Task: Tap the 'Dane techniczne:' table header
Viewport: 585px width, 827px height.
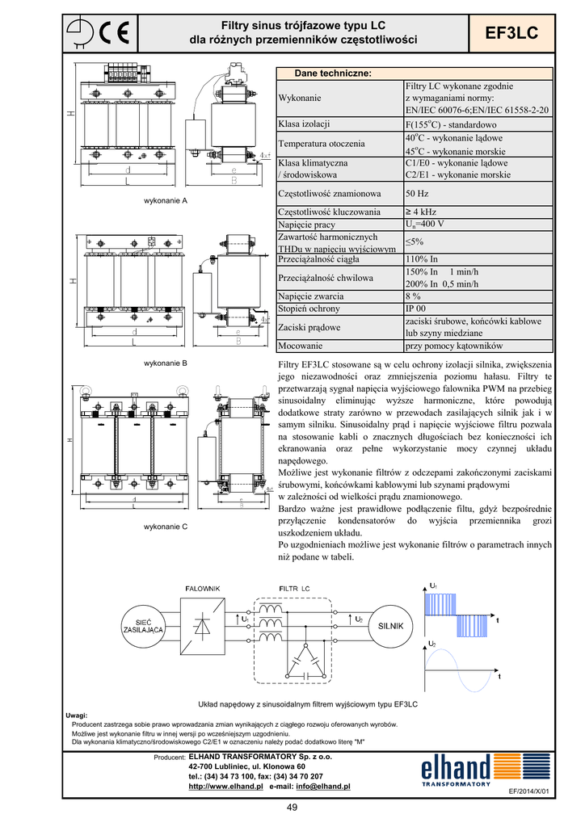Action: [332, 73]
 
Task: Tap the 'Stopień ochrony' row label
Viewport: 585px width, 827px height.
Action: [309, 309]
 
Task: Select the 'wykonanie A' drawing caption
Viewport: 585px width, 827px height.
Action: [165, 199]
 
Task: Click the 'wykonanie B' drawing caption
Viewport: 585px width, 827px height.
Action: [165, 363]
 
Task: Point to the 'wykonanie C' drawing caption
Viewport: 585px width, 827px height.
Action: [165, 527]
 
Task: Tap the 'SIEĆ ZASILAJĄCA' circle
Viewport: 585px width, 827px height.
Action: [143, 624]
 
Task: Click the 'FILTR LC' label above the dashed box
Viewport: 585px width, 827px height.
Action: [294, 589]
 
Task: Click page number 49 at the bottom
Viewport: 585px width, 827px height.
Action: [292, 809]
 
